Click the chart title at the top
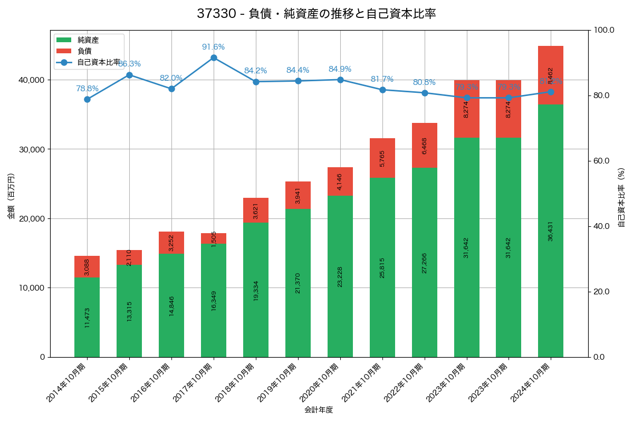[x=316, y=14]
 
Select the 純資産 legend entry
[x=88, y=40]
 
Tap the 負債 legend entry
[x=84, y=51]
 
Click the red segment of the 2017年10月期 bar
[x=214, y=238]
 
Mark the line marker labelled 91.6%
[x=214, y=57]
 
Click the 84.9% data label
[x=340, y=69]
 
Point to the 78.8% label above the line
[x=87, y=89]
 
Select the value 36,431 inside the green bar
[x=551, y=231]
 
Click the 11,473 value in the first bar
[x=87, y=318]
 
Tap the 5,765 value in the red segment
[x=382, y=158]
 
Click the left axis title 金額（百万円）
[x=11, y=196]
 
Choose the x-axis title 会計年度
[x=319, y=410]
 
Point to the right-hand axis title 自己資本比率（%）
[x=621, y=197]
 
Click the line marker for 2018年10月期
[x=256, y=82]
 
